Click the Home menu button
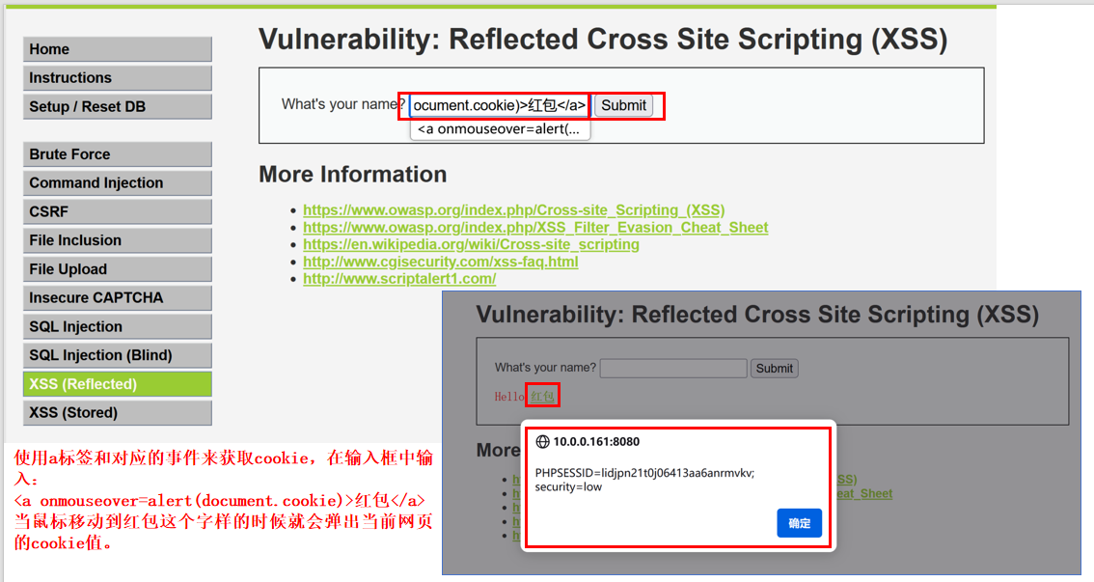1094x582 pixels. (x=117, y=49)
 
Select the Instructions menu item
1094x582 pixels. (x=117, y=78)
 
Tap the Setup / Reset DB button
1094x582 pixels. (x=117, y=106)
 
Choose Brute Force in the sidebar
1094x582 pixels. (x=117, y=154)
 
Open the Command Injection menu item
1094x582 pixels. (x=117, y=183)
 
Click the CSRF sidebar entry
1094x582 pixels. (x=117, y=211)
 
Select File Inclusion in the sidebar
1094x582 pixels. (x=117, y=240)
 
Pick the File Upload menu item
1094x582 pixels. (x=117, y=269)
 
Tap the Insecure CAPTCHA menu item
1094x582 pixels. (x=117, y=297)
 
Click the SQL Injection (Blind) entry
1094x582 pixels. (x=117, y=355)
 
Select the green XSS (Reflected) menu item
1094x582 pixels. (x=117, y=384)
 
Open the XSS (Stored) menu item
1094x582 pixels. (x=117, y=412)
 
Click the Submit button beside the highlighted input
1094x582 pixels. (x=623, y=105)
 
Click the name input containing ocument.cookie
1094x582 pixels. (x=499, y=105)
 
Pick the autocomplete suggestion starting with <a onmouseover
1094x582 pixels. (x=499, y=129)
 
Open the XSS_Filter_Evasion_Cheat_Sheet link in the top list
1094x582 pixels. (x=535, y=228)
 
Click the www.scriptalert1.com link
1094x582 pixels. (x=399, y=279)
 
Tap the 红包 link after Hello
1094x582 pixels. (x=542, y=396)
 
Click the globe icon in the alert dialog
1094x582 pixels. (x=542, y=442)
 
